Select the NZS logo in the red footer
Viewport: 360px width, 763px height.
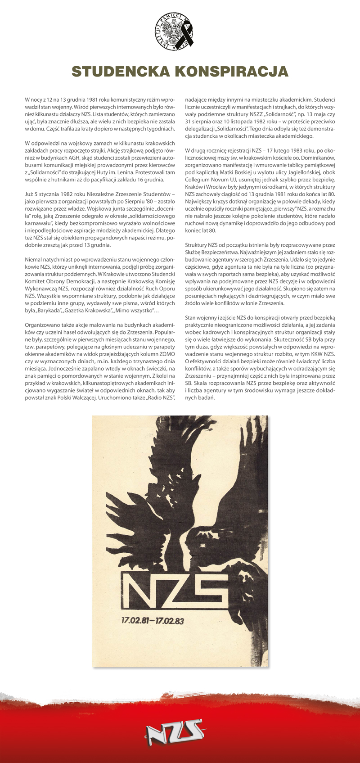175,737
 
